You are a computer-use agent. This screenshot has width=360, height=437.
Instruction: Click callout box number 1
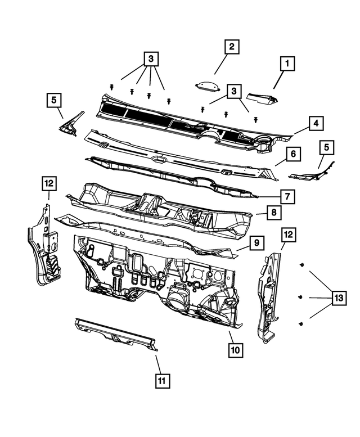tap(287, 65)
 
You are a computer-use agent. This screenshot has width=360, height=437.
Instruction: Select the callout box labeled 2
tap(231, 47)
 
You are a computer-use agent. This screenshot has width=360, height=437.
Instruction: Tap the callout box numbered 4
tap(316, 122)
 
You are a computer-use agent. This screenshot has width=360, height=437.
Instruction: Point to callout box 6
tap(294, 154)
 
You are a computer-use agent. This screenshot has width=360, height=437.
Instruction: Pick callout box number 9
tap(255, 243)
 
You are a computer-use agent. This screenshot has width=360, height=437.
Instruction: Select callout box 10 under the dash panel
tap(235, 350)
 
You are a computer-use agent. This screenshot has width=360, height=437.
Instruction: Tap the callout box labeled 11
tap(161, 381)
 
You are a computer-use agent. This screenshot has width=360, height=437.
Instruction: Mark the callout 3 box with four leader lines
tap(151, 59)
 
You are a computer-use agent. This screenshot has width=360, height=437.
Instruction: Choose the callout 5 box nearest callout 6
tap(327, 148)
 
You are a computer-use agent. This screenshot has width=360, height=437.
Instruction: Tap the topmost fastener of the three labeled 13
tap(303, 264)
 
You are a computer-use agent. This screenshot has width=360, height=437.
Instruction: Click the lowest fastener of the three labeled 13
tap(302, 323)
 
